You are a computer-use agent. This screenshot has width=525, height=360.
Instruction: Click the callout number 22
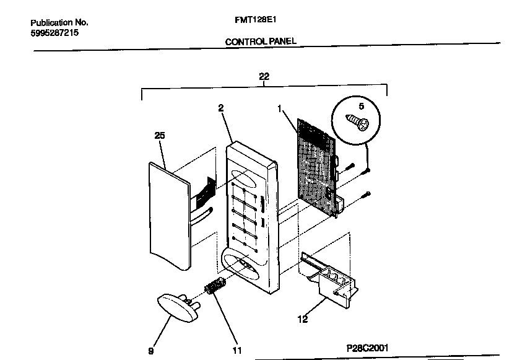click(x=264, y=76)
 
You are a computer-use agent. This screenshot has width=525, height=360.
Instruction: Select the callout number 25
click(x=159, y=135)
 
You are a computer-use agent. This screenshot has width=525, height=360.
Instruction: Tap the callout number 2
click(x=220, y=108)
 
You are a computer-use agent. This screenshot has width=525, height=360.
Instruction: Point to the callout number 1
click(x=280, y=108)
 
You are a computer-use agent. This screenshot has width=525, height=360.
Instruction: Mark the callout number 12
click(x=303, y=320)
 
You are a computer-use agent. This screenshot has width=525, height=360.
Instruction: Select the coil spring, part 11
click(x=214, y=288)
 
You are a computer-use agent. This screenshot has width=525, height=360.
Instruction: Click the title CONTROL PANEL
click(x=261, y=42)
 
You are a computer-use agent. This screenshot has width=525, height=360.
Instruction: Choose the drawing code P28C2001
click(x=368, y=348)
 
